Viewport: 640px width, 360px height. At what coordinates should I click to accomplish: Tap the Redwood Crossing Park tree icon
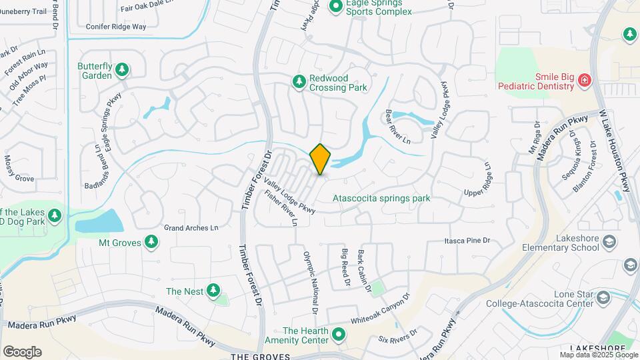299,81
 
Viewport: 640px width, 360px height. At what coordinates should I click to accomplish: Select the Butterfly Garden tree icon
121,69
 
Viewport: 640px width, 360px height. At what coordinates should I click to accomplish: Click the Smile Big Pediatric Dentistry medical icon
585,80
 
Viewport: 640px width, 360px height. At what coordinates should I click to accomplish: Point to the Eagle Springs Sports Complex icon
337,7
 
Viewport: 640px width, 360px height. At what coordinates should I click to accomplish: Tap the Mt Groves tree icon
152,242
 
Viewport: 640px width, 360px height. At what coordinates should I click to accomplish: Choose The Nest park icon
213,290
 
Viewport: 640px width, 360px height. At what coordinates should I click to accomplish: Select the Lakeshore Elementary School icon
608,241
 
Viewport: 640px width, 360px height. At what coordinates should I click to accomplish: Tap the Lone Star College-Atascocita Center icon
604,297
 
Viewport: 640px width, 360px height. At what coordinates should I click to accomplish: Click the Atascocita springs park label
381,198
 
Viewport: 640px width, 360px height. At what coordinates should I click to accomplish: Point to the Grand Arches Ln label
191,228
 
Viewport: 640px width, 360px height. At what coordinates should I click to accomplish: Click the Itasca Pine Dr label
467,240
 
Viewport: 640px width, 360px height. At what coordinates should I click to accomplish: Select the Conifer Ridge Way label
116,27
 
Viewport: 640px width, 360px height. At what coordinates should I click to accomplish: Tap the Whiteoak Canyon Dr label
379,309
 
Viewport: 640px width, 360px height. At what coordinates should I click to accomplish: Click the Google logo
22,352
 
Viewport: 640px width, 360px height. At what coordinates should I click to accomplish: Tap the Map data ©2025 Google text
598,355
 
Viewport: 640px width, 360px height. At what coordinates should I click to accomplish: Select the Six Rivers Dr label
397,336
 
